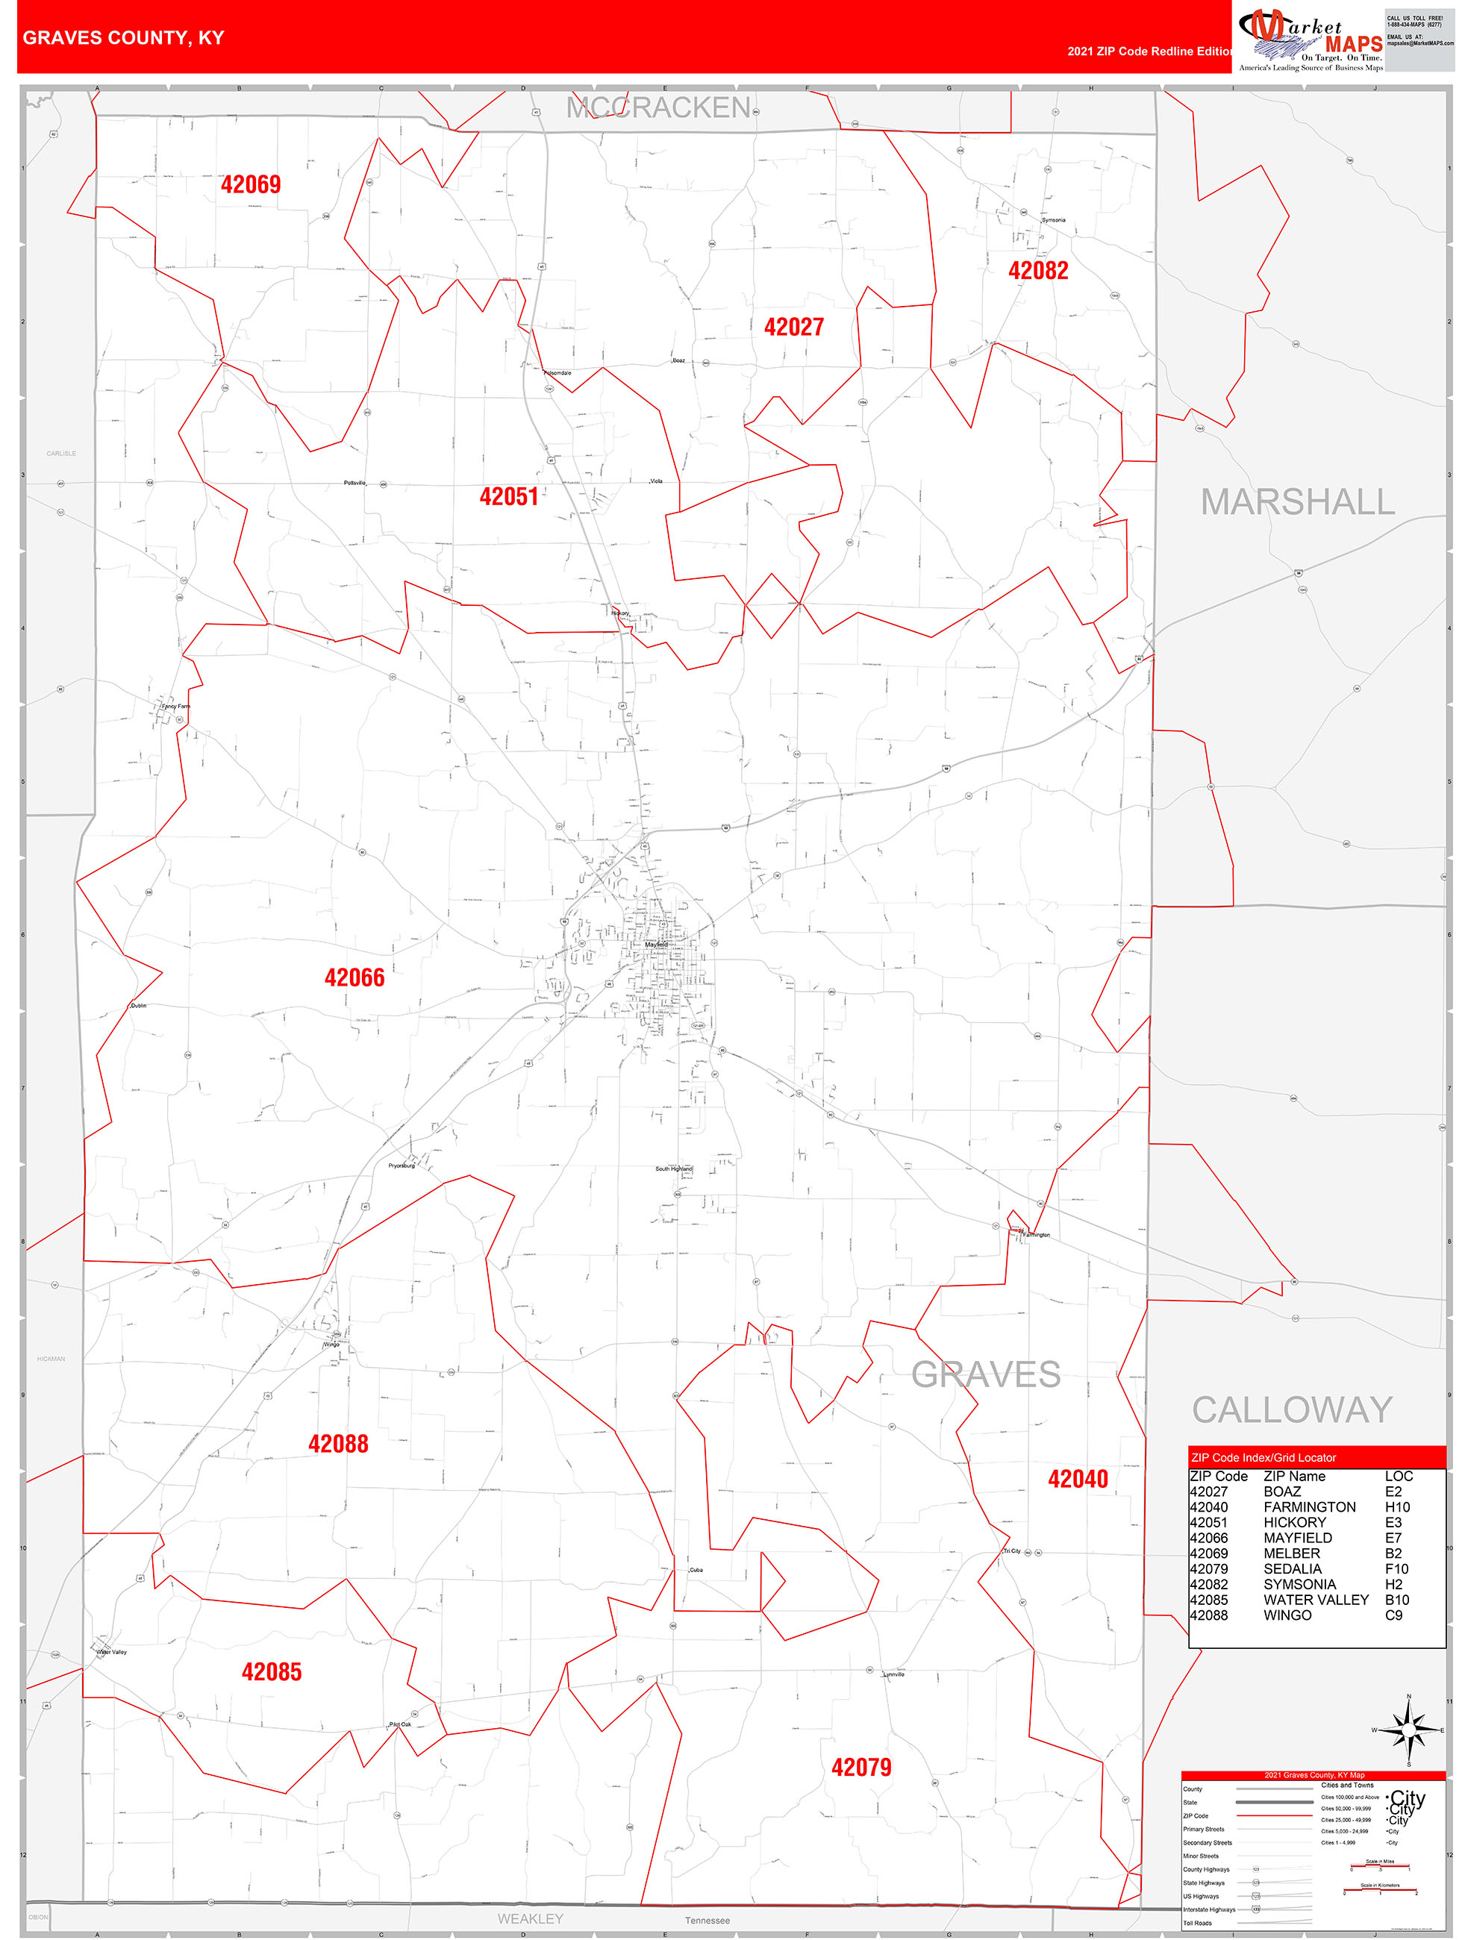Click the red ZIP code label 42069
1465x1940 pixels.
click(251, 184)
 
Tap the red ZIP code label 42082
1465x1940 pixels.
click(1038, 270)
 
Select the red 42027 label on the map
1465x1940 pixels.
click(794, 327)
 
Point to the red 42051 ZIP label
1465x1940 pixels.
click(509, 496)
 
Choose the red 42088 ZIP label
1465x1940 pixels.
click(338, 1444)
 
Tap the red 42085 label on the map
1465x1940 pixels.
click(271, 1671)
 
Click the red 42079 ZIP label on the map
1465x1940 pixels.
click(860, 1767)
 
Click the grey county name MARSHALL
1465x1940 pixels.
click(1296, 503)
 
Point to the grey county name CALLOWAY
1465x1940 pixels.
click(1291, 1410)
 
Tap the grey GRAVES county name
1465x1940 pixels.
click(985, 1374)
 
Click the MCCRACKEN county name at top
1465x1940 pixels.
click(658, 108)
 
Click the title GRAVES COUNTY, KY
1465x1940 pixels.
click(124, 38)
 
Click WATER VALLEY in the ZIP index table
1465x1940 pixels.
click(1315, 1600)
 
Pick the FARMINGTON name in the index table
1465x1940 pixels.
click(1309, 1506)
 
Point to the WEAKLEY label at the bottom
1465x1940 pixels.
click(530, 1919)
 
